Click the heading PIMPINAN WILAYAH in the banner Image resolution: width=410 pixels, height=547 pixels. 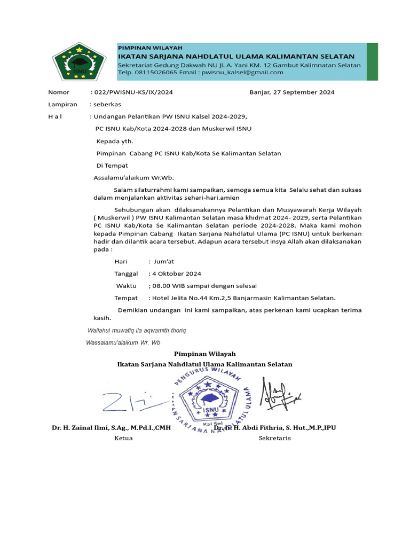click(143, 48)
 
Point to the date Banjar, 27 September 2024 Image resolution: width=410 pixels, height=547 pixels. click(292, 92)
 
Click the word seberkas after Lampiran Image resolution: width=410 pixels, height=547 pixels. click(108, 104)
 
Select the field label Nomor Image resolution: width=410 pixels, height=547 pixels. click(59, 92)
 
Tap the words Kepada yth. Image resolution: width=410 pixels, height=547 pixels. click(114, 142)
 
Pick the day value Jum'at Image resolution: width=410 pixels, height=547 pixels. click(163, 261)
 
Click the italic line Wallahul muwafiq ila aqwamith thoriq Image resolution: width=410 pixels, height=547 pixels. click(137, 331)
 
